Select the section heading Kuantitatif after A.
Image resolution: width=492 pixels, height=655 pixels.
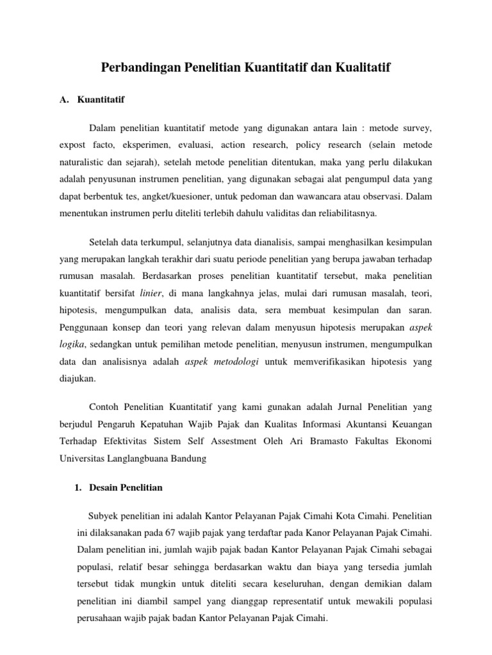point(101,100)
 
